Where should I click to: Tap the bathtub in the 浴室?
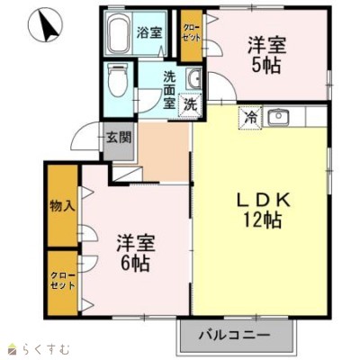tap(119, 32)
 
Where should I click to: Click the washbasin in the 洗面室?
tap(194, 78)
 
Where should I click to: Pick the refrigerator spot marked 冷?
tap(250, 118)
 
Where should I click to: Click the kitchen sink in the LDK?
tap(278, 117)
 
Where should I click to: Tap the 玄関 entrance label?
tap(119, 138)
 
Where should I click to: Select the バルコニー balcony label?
tap(235, 335)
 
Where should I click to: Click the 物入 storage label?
tap(62, 207)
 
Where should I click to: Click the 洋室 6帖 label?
tap(136, 253)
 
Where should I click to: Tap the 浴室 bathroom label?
tap(149, 33)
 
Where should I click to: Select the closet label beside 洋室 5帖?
tap(192, 34)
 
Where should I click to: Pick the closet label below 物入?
tap(62, 280)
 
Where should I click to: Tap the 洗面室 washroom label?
tap(169, 91)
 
